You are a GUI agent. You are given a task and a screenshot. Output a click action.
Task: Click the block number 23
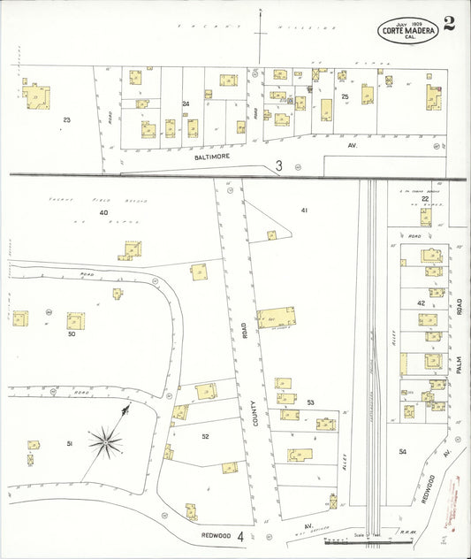click(x=66, y=119)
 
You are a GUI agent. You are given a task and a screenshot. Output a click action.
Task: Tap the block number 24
click(x=186, y=104)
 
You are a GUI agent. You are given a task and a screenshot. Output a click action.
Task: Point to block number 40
click(x=103, y=212)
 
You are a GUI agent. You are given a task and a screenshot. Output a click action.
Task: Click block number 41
click(x=304, y=210)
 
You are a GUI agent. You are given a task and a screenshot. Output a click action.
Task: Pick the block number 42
click(x=421, y=303)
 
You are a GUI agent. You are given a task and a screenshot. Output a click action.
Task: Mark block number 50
click(x=72, y=334)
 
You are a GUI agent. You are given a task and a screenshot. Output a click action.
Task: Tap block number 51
click(x=71, y=442)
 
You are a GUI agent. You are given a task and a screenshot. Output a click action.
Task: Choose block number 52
click(x=205, y=436)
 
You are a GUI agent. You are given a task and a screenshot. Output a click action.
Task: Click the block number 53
click(x=310, y=402)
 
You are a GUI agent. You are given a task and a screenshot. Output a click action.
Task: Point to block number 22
click(x=425, y=199)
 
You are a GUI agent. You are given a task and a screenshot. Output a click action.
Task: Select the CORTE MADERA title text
click(x=409, y=32)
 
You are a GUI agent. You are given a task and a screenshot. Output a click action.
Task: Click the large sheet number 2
click(x=450, y=23)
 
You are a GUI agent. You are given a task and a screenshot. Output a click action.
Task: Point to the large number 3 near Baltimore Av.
click(x=279, y=165)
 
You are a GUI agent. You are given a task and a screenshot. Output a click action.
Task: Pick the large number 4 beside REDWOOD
click(x=240, y=536)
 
